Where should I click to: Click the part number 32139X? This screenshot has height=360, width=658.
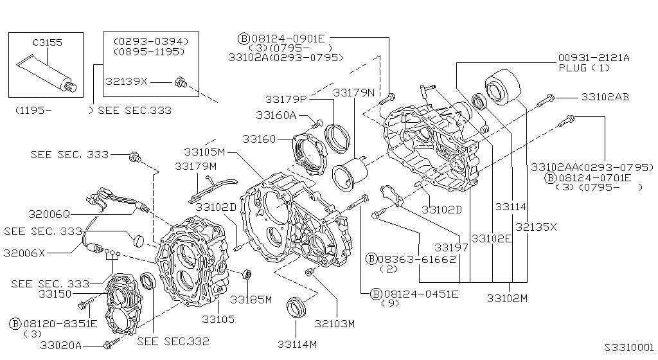[x=127, y=82]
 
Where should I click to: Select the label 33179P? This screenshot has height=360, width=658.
[x=286, y=100]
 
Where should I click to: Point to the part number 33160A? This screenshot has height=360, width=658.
[x=276, y=115]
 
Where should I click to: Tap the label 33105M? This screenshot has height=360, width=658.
[x=205, y=152]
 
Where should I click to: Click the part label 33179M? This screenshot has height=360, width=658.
[x=195, y=166]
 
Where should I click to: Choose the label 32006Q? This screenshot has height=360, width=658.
[x=49, y=214]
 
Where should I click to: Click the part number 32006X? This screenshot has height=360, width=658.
[x=24, y=253]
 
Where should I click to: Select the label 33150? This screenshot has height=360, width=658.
[x=55, y=294]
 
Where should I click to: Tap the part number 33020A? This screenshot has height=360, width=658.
[x=61, y=345]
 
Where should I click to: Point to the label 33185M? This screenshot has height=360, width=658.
[x=251, y=300]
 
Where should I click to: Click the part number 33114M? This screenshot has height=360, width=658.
[x=297, y=345]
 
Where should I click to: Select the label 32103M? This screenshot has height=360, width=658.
[x=334, y=324]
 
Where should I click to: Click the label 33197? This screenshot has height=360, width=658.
[x=451, y=248]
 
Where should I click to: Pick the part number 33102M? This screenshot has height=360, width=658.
[x=507, y=298]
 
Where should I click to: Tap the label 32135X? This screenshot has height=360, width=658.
[x=536, y=227]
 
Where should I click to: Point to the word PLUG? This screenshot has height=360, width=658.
[x=573, y=68]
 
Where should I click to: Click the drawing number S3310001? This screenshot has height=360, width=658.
[x=629, y=347]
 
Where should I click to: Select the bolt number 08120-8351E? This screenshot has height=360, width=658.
[x=60, y=323]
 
